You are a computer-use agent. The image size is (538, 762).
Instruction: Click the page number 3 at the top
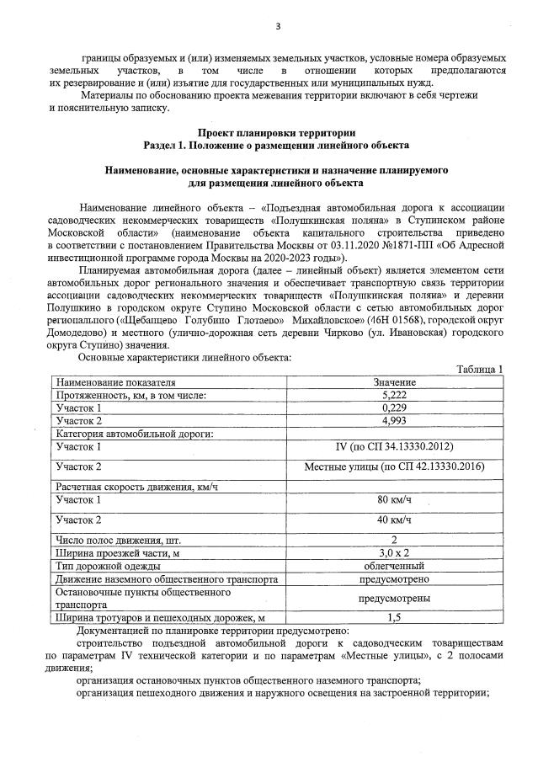[x=277, y=26]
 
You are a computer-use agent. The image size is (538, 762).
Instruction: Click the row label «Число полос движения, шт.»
[x=117, y=539]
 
